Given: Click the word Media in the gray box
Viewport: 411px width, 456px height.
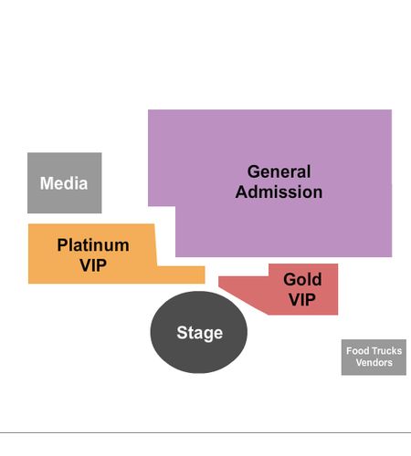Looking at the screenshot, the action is point(64,183).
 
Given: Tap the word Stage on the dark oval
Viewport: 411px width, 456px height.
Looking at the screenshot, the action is point(200,333).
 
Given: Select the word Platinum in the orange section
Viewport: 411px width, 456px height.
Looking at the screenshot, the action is point(93,245).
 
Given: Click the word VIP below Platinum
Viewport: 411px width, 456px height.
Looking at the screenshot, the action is point(93,265).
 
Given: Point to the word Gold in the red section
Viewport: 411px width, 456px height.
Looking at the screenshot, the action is point(302,279).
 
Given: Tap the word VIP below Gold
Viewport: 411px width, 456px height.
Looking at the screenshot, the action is point(302,299).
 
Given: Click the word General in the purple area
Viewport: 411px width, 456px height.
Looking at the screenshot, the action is point(279,171).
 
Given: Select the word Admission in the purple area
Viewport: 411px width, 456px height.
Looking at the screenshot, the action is point(279,192).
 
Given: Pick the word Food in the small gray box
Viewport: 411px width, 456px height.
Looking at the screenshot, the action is point(358,351).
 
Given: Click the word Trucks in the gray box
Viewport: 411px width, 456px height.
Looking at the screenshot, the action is point(386,351).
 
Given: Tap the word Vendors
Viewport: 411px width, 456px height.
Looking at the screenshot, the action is point(374,362).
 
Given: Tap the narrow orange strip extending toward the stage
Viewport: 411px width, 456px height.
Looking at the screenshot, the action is point(181,275).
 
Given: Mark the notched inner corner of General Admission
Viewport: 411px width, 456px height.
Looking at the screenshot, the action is point(175,206).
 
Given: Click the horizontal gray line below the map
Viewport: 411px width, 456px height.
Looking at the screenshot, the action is point(205,432).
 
